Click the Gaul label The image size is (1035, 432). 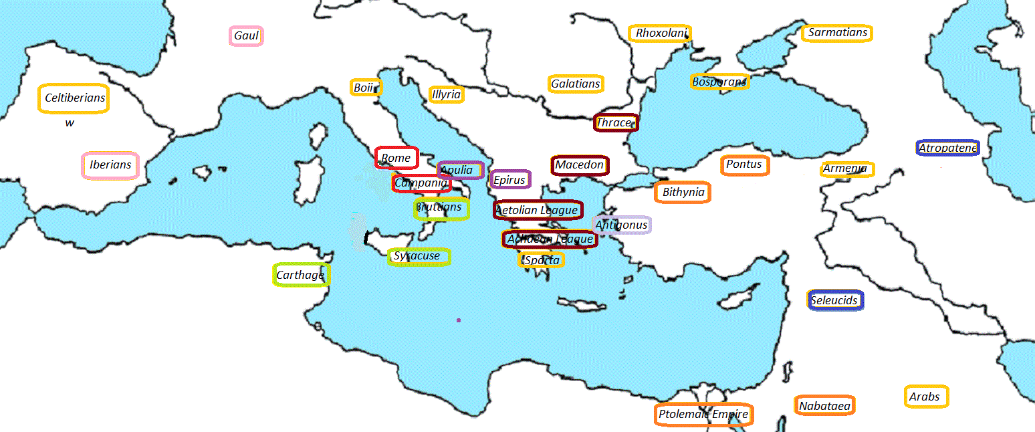246,36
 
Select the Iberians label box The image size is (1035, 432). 110,165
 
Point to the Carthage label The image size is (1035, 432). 301,275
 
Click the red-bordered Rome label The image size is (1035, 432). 396,158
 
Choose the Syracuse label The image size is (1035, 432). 419,256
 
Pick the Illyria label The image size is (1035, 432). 446,94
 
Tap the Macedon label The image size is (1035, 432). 580,165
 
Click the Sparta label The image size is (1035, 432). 542,260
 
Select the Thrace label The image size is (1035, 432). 616,122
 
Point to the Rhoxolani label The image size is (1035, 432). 660,33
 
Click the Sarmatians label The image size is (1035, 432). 837,33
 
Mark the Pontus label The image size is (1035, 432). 744,165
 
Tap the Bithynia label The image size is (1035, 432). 683,193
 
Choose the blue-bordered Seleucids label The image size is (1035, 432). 835,300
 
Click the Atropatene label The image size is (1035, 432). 948,148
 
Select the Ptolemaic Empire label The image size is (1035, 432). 703,415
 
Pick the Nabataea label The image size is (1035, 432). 825,406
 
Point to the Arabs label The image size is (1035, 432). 925,397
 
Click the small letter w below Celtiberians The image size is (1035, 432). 70,123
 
